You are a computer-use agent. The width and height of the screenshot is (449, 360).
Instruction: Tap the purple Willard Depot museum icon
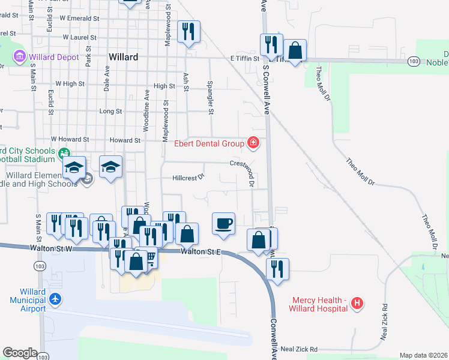(19, 57)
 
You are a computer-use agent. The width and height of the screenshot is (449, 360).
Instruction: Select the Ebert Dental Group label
(208, 143)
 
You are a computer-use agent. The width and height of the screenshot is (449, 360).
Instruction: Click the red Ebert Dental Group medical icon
(253, 143)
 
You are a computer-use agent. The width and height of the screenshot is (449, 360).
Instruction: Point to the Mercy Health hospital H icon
(357, 303)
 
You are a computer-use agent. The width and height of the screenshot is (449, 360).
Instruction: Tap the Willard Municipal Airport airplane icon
(55, 298)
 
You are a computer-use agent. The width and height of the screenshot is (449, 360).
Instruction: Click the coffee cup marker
(223, 224)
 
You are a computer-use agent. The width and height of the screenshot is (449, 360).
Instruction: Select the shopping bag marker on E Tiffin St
(295, 50)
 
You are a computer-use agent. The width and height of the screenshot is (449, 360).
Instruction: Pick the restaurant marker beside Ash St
(188, 32)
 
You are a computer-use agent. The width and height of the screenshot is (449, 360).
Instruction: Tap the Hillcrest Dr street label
(188, 177)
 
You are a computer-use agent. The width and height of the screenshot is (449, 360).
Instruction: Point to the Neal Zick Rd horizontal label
(298, 349)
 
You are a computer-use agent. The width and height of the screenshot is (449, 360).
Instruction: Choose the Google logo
(20, 353)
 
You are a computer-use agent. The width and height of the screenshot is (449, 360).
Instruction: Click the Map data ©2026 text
(423, 355)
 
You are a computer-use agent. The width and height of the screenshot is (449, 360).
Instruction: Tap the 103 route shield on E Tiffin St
(412, 61)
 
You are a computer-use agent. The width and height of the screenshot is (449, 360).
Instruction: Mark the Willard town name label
(124, 58)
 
